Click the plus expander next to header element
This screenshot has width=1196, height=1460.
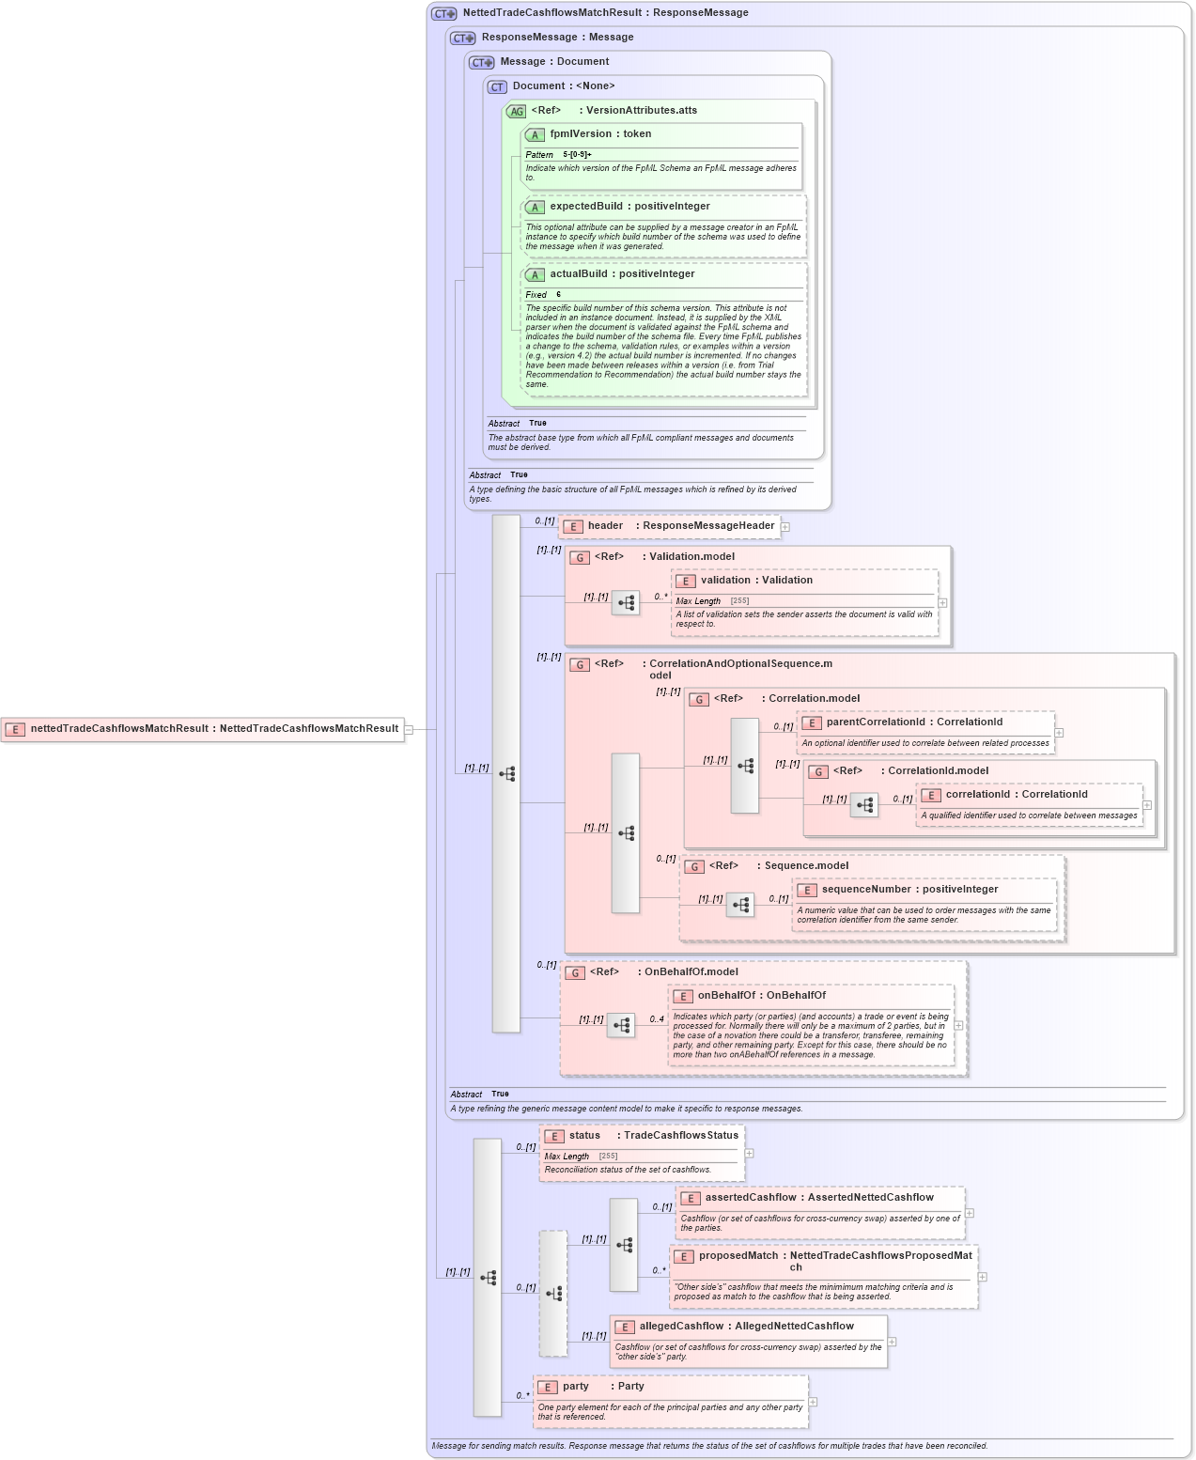[x=785, y=527]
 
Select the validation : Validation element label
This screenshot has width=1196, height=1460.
[x=755, y=581]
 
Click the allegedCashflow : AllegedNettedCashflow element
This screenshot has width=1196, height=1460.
[x=745, y=1327]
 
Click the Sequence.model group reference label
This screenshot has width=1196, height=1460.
[x=805, y=866]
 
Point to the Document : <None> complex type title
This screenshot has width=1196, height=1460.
[x=563, y=86]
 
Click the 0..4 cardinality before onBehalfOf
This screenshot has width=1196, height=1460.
[x=657, y=1019]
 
